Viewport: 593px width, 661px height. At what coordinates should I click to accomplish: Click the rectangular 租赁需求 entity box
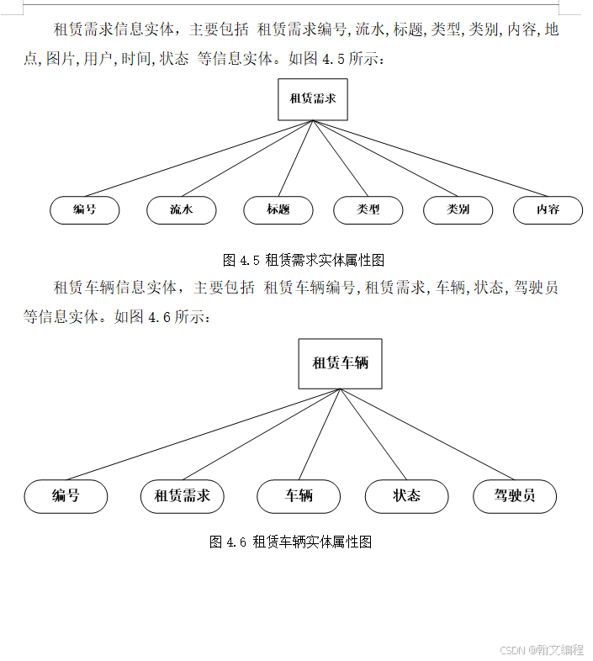(x=313, y=99)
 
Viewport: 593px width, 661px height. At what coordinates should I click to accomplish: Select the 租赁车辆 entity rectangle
(x=340, y=363)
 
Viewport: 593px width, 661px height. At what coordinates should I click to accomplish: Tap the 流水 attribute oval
(x=182, y=210)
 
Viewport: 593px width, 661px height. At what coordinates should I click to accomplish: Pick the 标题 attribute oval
(x=278, y=210)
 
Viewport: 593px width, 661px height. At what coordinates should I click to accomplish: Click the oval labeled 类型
(x=368, y=210)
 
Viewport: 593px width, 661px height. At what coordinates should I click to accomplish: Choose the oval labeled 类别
(x=458, y=210)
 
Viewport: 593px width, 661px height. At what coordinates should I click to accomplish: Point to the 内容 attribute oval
(x=548, y=210)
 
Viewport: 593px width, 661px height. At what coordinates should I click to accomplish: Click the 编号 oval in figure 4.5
(x=85, y=210)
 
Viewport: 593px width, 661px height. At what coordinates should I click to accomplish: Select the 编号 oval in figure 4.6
(x=66, y=496)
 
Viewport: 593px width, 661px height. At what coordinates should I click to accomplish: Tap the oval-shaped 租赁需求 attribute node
(x=183, y=496)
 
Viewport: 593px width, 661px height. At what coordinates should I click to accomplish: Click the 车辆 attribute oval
(x=299, y=496)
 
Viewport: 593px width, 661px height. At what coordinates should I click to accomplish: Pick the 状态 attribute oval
(x=406, y=496)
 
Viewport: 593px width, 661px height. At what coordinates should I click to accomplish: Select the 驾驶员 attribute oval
(x=515, y=496)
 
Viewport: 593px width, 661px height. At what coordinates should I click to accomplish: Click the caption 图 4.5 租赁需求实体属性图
(x=304, y=259)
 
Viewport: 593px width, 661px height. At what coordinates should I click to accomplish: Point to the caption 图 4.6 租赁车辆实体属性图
(x=290, y=542)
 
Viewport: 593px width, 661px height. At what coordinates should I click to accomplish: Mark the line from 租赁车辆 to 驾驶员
(x=427, y=434)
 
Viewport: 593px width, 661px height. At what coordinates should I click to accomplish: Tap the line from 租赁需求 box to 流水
(x=247, y=159)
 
